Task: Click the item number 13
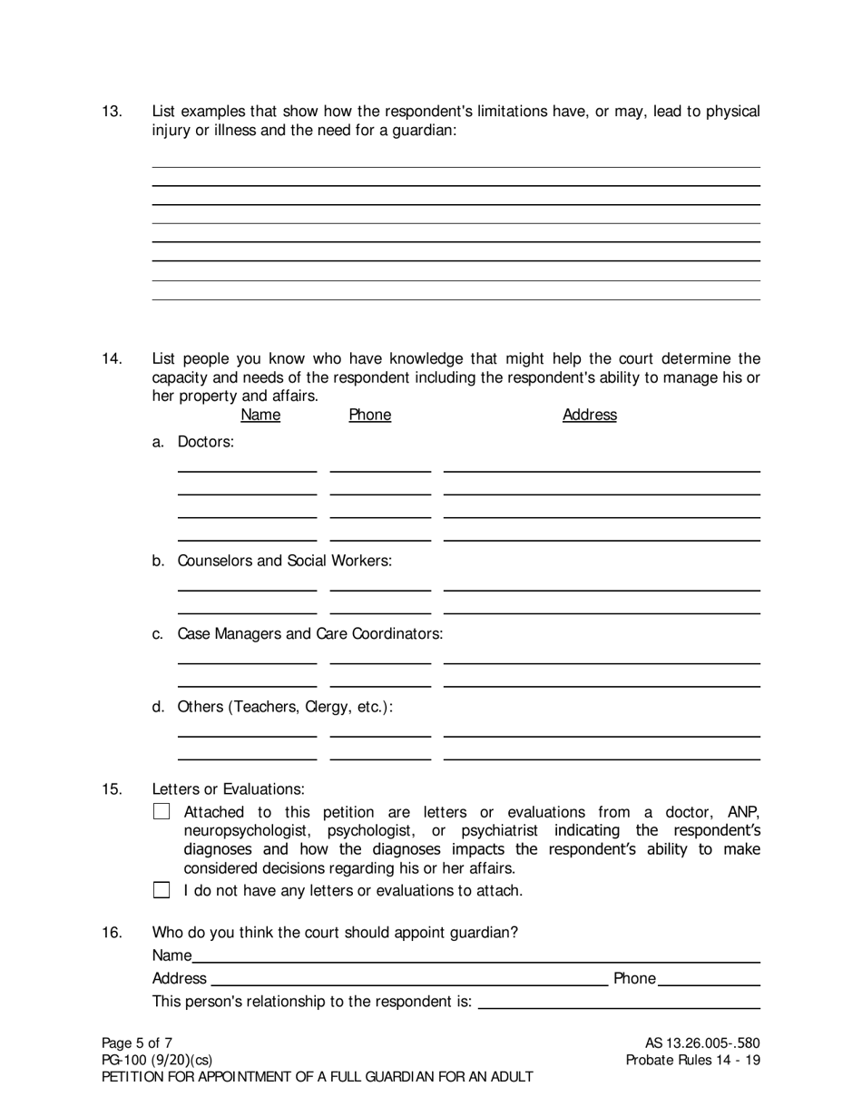(x=112, y=112)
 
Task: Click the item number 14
(x=112, y=359)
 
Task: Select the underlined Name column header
(x=260, y=415)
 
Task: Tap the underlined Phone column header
(x=369, y=415)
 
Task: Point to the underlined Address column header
(x=589, y=415)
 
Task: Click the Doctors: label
(x=205, y=442)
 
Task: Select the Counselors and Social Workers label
(x=284, y=561)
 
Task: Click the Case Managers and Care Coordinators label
(x=309, y=633)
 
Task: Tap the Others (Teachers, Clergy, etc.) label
(x=285, y=707)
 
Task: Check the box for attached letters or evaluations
(x=162, y=812)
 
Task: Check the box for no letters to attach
(x=162, y=890)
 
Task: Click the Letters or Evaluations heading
(x=228, y=789)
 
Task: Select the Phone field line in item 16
(x=708, y=978)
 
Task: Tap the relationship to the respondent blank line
(x=618, y=1002)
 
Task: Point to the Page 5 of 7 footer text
(x=137, y=1043)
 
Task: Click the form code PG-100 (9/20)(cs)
(x=157, y=1060)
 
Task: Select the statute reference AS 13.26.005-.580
(x=701, y=1043)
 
